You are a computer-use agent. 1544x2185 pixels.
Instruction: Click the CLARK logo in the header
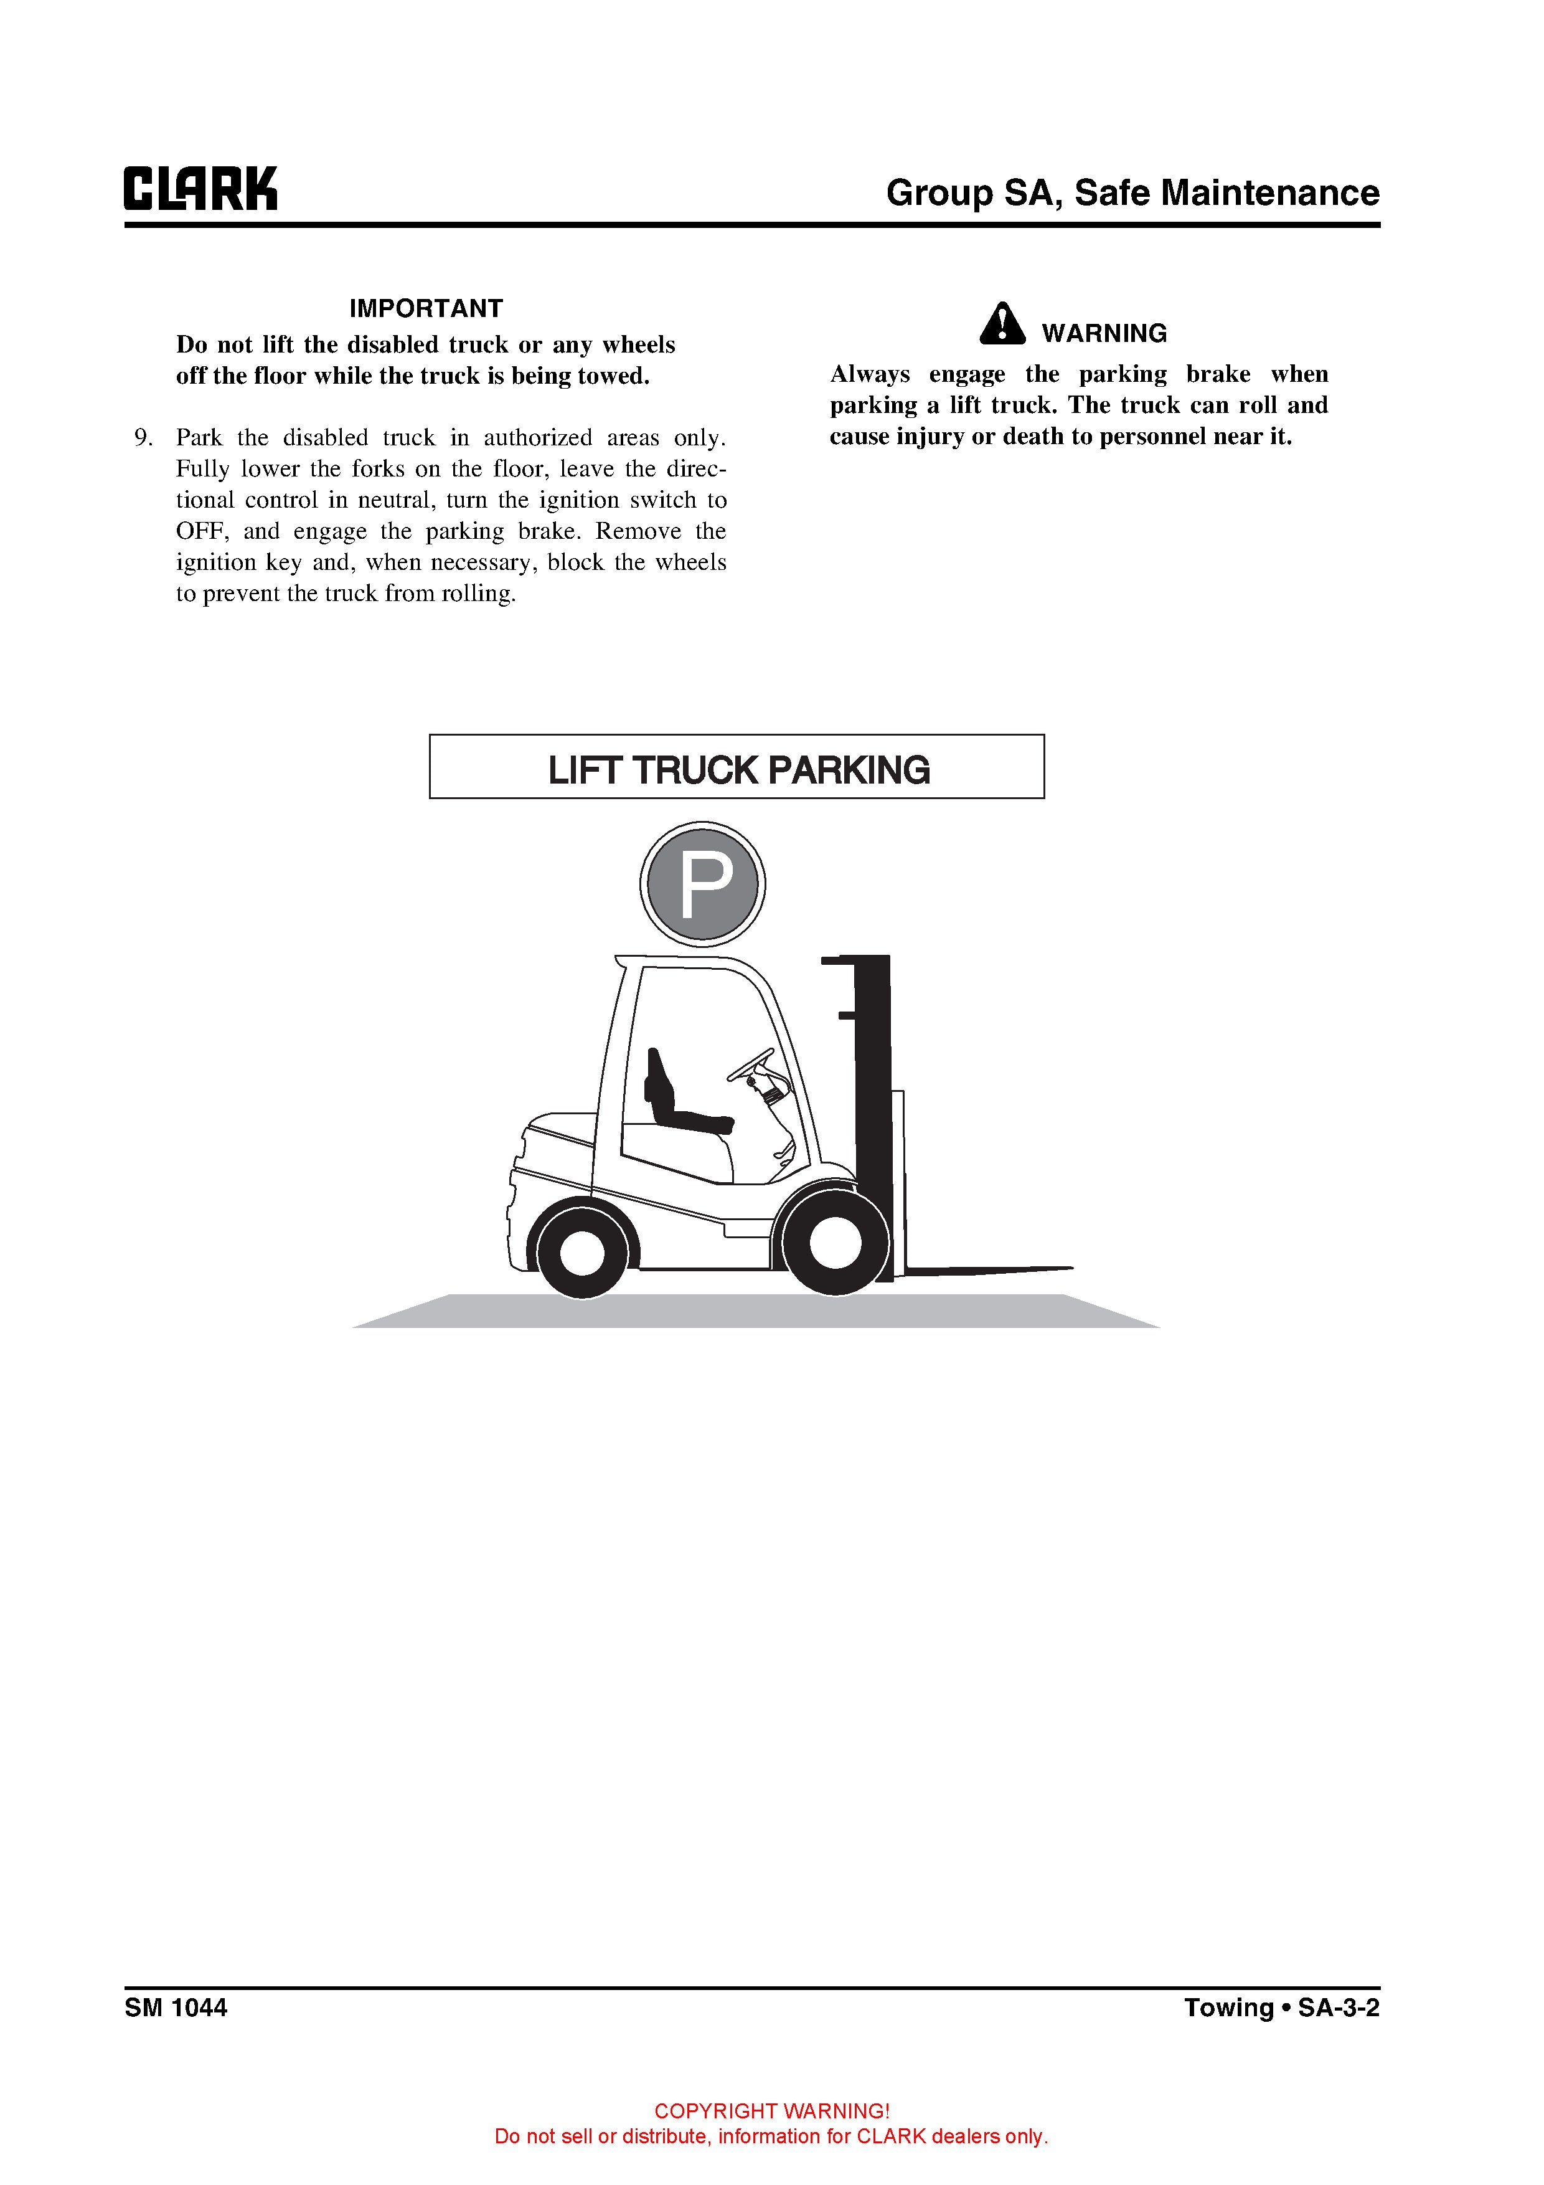pos(200,189)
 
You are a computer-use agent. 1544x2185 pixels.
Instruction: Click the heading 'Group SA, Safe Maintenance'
pos(1132,193)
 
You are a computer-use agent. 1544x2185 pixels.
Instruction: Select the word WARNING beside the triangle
pos(1104,333)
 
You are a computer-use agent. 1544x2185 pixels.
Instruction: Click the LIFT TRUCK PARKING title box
pos(737,767)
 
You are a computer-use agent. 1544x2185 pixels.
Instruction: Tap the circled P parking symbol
pos(702,884)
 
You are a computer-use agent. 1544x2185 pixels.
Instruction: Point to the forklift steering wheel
pos(751,1063)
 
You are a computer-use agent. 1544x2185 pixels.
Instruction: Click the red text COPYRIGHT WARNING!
pos(771,2111)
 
